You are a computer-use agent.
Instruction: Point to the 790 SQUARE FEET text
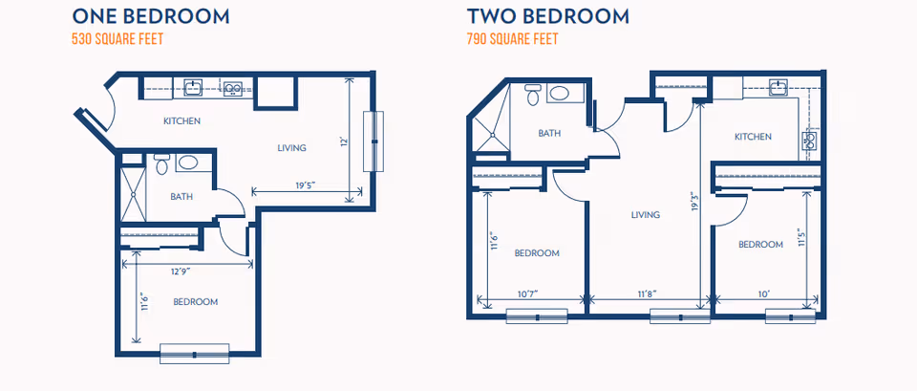512,40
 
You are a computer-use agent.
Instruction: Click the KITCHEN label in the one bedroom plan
181,120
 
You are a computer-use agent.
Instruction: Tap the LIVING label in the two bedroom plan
646,215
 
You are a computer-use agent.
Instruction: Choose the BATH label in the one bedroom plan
181,197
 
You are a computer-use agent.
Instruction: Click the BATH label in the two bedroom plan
549,134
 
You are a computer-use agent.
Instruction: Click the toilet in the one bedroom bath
161,165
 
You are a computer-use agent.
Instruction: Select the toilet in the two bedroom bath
532,94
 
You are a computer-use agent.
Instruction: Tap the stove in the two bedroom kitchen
811,140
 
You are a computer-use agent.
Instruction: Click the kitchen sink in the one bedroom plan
194,88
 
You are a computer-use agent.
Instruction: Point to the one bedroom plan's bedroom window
194,352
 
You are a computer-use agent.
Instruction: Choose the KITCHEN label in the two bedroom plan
753,137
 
